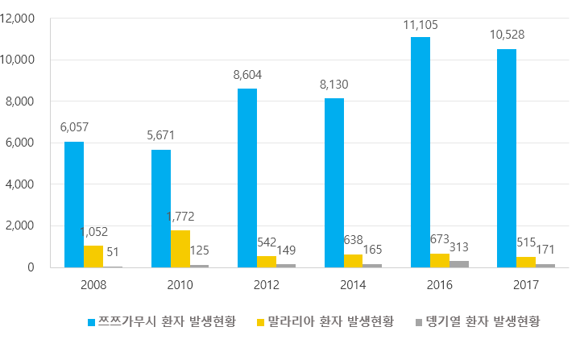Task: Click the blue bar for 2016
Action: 420,152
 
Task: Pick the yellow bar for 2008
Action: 93,256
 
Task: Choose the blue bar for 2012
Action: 247,178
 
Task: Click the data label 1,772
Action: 180,217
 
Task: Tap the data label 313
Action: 460,246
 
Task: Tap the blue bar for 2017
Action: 507,158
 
